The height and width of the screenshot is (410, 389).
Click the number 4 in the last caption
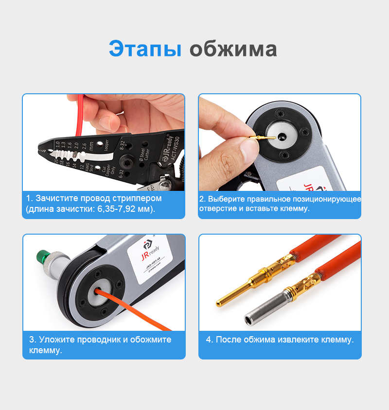pos(209,339)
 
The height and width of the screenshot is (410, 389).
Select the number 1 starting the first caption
pos(29,198)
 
